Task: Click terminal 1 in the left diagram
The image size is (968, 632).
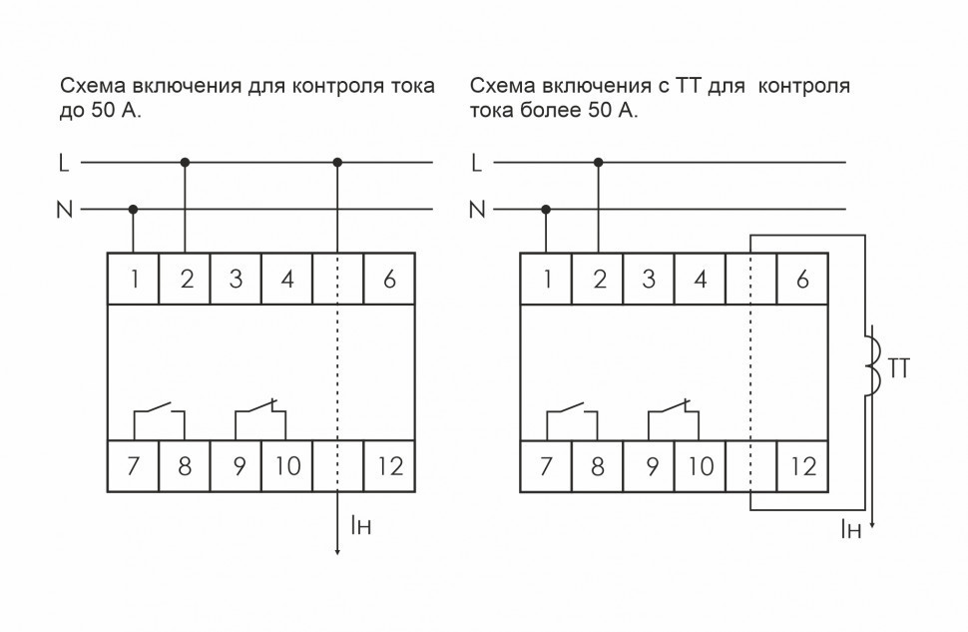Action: pyautogui.click(x=133, y=280)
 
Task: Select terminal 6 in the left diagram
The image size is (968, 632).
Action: pyautogui.click(x=389, y=280)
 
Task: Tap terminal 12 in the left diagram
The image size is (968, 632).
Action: pyautogui.click(x=389, y=465)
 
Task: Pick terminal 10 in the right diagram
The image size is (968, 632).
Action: pyautogui.click(x=701, y=465)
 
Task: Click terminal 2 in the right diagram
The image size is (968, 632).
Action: pyautogui.click(x=598, y=280)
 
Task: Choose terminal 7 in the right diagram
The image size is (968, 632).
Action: pyautogui.click(x=546, y=465)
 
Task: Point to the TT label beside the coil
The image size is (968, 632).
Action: pyautogui.click(x=899, y=368)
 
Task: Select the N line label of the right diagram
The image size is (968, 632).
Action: pyautogui.click(x=477, y=210)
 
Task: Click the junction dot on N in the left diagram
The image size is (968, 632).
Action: pyautogui.click(x=134, y=210)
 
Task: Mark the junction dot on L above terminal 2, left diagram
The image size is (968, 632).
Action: pyautogui.click(x=185, y=162)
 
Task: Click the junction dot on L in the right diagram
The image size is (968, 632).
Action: pyautogui.click(x=598, y=162)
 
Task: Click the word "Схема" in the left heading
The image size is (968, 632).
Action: pyautogui.click(x=88, y=86)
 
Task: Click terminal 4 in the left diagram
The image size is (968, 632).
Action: pyautogui.click(x=286, y=280)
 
